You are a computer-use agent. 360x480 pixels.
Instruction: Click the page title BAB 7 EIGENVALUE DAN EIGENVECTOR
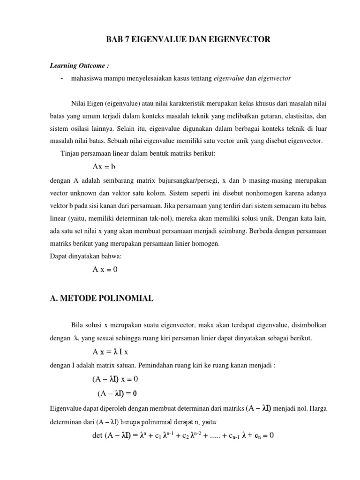(188, 40)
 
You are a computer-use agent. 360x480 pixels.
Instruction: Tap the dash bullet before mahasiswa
(62, 78)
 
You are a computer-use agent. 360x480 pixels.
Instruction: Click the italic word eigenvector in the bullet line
(275, 78)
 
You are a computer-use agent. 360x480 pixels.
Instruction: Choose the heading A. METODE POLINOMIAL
(101, 299)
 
